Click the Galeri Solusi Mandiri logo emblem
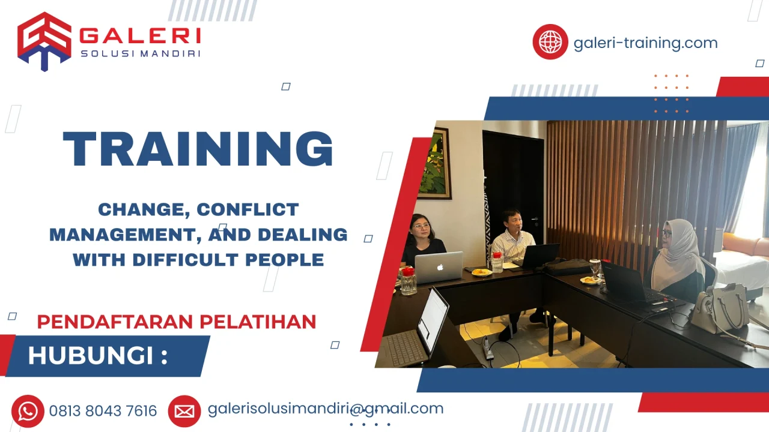44,41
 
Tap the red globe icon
550,42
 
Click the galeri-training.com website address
645,43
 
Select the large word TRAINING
198,148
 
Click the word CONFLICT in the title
248,209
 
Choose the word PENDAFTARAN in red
115,322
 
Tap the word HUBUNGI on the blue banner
90,356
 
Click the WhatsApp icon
28,411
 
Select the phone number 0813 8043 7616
103,411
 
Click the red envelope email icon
184,411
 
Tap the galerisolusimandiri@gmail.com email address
325,409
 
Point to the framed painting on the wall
434,163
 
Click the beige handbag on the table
719,308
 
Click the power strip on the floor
488,349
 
